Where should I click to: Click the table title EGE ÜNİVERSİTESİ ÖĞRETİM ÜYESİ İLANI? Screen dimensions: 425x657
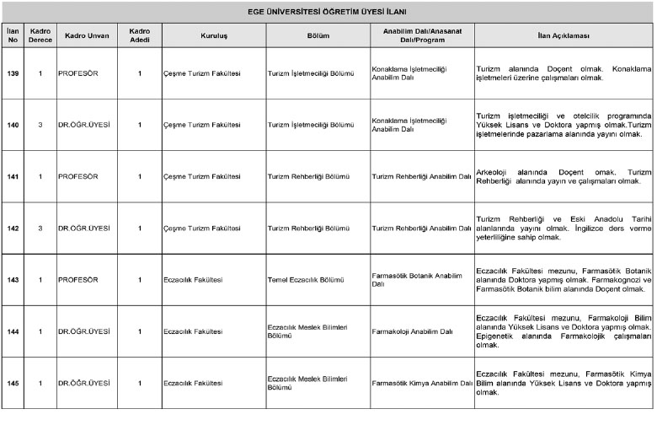click(328, 11)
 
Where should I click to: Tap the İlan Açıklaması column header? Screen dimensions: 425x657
click(563, 36)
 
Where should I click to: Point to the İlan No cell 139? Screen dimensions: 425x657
click(13, 73)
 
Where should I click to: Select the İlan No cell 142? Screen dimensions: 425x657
click(13, 229)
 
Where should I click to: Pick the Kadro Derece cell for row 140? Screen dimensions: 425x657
click(40, 125)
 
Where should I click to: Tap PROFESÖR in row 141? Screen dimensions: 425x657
click(78, 176)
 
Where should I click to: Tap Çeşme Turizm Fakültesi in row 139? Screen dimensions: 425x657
click(202, 73)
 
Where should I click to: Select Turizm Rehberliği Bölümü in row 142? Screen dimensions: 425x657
click(308, 229)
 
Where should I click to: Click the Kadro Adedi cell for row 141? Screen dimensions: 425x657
click(140, 176)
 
